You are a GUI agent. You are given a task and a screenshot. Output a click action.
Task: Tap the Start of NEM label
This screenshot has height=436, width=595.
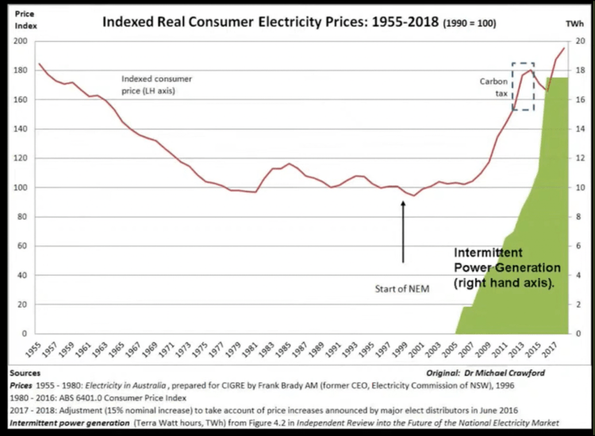401,289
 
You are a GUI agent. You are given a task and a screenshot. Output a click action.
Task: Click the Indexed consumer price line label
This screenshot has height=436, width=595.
157,85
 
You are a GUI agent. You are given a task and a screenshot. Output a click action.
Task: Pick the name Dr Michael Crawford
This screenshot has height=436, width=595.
528,372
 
